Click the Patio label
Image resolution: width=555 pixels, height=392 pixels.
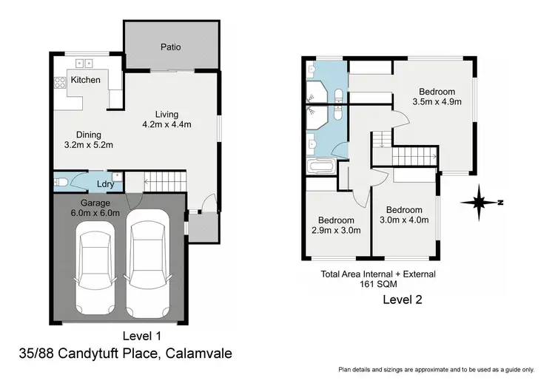click(x=171, y=47)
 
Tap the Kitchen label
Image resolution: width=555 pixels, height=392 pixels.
click(x=85, y=80)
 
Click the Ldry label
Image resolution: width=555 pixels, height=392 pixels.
click(x=104, y=183)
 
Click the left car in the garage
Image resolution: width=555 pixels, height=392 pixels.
click(x=95, y=266)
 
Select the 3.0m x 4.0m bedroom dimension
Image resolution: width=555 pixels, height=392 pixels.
click(x=403, y=214)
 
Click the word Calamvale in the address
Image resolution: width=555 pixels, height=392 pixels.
click(x=198, y=354)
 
